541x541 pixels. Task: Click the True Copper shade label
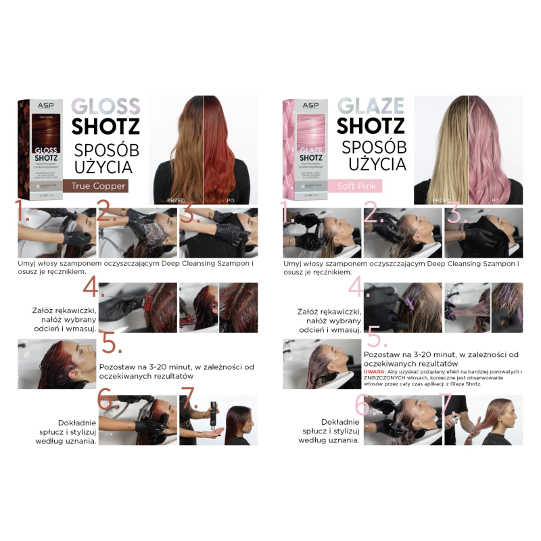[95, 185]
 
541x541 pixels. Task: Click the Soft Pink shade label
[358, 185]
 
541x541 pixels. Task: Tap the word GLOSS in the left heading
[105, 107]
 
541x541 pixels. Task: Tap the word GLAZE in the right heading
[370, 107]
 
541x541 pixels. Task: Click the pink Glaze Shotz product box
[306, 149]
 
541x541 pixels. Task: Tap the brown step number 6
[109, 400]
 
